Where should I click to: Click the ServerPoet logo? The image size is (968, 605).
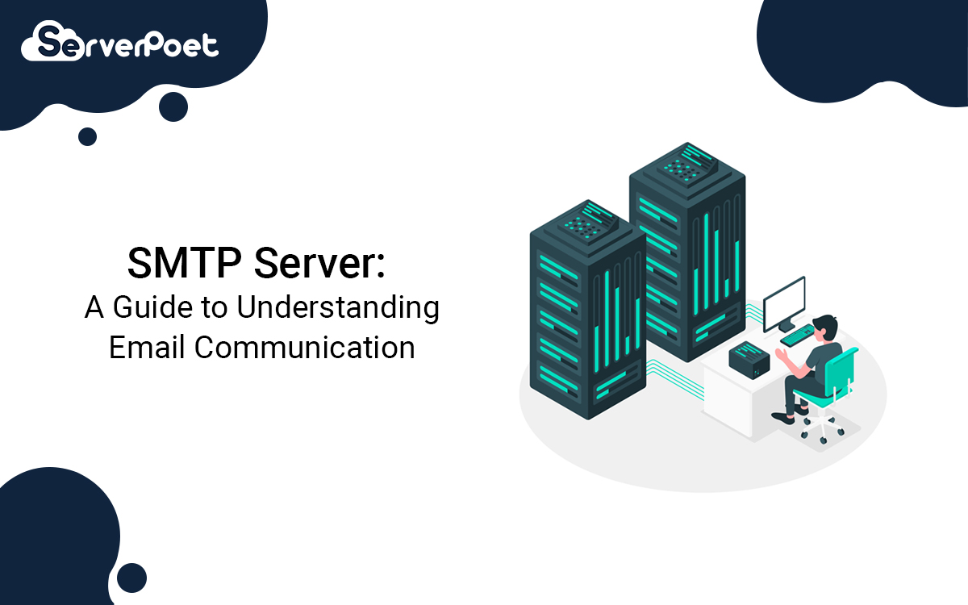tap(119, 40)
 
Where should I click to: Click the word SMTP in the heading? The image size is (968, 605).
tap(185, 263)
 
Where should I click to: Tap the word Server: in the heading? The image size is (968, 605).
tap(319, 263)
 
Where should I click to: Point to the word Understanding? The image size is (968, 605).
tap(338, 308)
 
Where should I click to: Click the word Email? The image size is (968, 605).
tap(147, 347)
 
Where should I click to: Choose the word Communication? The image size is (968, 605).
tap(305, 347)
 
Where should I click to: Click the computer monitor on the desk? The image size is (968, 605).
tap(784, 303)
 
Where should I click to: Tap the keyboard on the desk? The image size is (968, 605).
tap(798, 336)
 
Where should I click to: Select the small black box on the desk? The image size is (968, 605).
tap(749, 360)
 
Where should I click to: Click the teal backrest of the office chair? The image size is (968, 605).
tap(840, 372)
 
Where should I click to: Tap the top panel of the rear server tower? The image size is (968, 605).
tap(687, 166)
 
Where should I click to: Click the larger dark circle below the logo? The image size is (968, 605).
tap(173, 106)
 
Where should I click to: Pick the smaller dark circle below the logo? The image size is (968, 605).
tap(87, 136)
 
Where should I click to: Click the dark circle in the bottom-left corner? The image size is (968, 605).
tap(131, 578)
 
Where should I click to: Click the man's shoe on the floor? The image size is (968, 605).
tap(783, 418)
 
